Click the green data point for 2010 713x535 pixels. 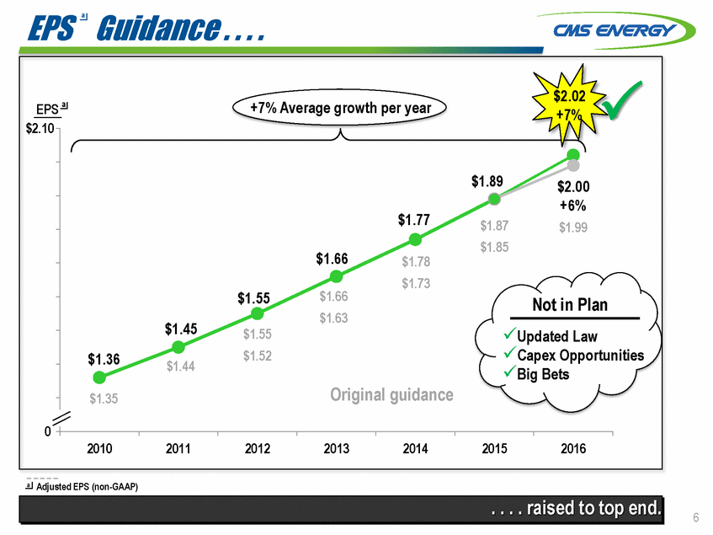click(x=99, y=377)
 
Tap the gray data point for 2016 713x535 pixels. click(x=572, y=166)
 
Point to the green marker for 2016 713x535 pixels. click(x=573, y=155)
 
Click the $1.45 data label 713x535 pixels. click(x=181, y=329)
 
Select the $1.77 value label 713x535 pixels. click(x=414, y=220)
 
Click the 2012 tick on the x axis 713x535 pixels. click(x=257, y=449)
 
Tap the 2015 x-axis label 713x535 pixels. click(x=494, y=449)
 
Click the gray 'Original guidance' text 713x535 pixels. click(x=392, y=394)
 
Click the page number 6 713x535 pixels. click(x=695, y=516)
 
